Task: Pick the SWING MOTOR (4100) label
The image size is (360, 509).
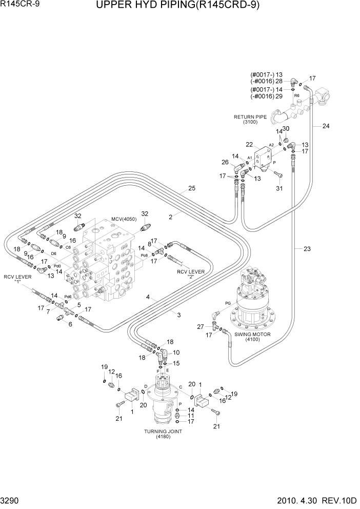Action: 252,337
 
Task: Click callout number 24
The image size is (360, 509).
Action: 326,126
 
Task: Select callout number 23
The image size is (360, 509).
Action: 307,249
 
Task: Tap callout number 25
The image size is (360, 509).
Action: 192,189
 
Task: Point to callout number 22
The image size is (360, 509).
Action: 249,145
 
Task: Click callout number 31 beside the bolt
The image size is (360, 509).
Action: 279,188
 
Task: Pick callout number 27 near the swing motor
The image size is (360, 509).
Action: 201,327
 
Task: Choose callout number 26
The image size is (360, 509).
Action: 224,163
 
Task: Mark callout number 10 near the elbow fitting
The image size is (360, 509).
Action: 176,353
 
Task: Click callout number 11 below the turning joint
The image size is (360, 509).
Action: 191,416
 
